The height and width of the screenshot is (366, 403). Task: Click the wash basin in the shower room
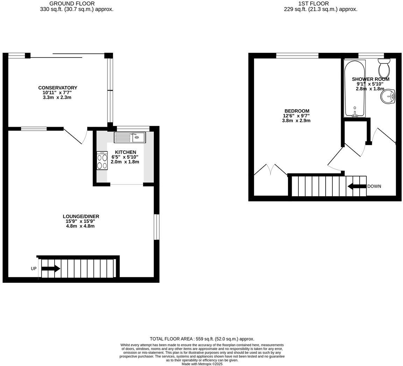click(x=388, y=96)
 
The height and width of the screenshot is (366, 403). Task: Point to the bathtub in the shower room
click(x=354, y=88)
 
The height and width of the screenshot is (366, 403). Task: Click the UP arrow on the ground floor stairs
click(x=51, y=269)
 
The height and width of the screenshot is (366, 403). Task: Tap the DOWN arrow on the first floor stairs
click(x=356, y=186)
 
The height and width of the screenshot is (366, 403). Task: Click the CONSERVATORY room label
click(x=58, y=88)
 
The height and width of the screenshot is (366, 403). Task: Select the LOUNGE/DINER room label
click(x=81, y=217)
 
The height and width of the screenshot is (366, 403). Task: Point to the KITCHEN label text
click(x=126, y=152)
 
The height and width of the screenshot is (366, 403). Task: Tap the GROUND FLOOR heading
click(x=77, y=3)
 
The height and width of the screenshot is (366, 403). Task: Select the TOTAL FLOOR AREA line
click(x=202, y=339)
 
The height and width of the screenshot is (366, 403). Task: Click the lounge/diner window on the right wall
click(x=156, y=227)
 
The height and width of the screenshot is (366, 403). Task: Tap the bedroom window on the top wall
click(x=297, y=55)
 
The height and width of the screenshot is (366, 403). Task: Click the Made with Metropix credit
click(x=202, y=364)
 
